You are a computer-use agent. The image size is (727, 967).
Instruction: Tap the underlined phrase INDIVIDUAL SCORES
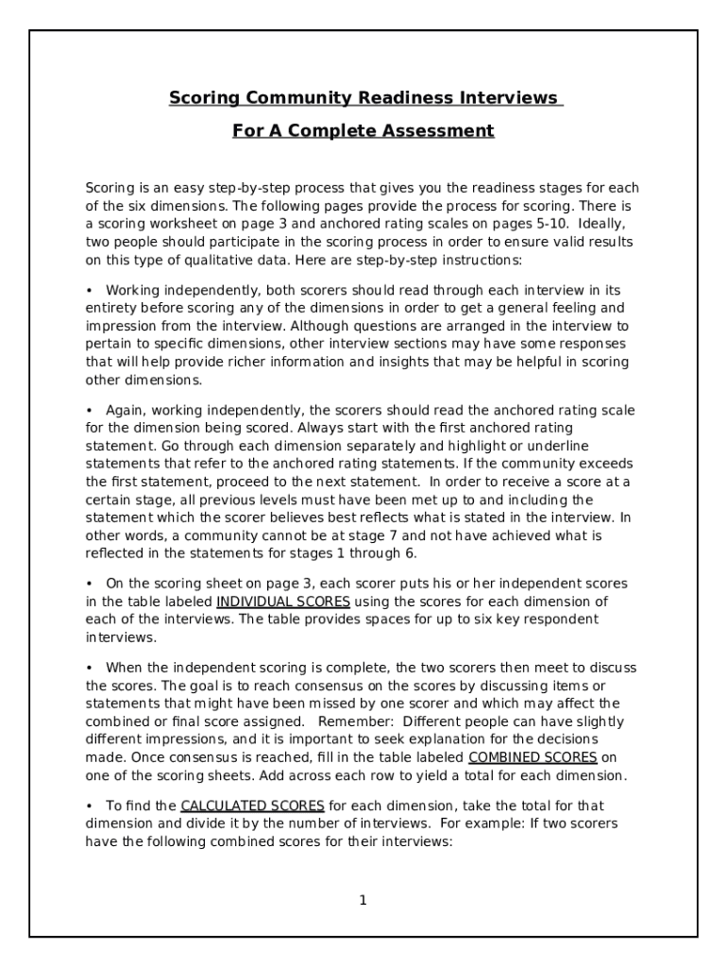(283, 602)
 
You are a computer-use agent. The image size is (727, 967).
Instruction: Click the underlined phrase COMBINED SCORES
(533, 757)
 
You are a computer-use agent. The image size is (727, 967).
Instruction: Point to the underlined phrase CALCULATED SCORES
(252, 806)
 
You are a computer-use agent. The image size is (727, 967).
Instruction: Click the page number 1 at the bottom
(363, 900)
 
